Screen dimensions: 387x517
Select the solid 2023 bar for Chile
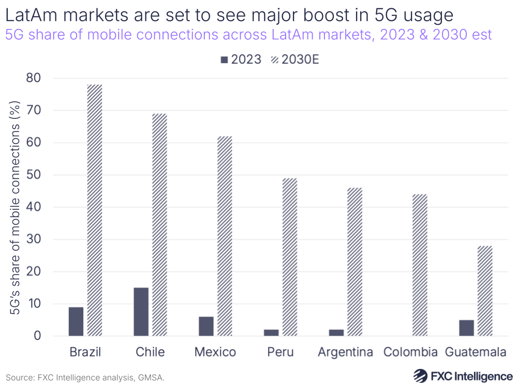click(x=141, y=312)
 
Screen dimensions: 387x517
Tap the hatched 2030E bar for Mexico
click(x=225, y=236)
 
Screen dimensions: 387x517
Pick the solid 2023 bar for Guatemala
click(x=466, y=328)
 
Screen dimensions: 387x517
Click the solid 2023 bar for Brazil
click(x=76, y=321)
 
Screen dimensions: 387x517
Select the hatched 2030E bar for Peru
click(x=290, y=257)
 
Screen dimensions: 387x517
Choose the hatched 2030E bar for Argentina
click(x=354, y=261)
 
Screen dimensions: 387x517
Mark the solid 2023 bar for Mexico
click(x=206, y=326)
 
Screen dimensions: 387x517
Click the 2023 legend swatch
click(x=224, y=60)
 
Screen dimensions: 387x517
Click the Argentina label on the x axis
click(x=345, y=352)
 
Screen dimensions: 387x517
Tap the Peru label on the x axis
click(x=280, y=352)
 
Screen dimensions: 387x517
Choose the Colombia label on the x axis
click(x=410, y=352)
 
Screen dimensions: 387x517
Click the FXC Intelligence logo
click(x=462, y=376)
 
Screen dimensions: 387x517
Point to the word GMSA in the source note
click(x=151, y=378)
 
